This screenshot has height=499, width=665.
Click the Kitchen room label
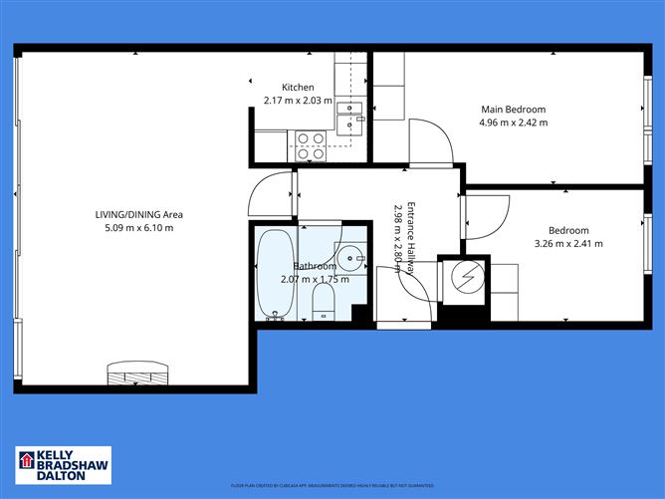click(x=297, y=87)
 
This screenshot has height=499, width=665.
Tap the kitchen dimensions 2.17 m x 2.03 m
click(x=297, y=101)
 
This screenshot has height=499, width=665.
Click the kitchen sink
click(x=348, y=116)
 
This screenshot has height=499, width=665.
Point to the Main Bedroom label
click(x=514, y=110)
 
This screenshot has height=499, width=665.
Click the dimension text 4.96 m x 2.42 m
click(x=514, y=124)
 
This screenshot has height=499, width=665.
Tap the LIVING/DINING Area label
click(x=138, y=214)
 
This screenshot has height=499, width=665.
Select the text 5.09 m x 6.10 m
click(x=138, y=228)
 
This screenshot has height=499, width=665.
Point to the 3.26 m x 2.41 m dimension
click(x=568, y=243)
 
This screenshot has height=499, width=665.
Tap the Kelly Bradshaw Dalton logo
click(x=61, y=466)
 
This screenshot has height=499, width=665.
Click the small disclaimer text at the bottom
click(x=332, y=486)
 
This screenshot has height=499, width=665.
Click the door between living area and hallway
click(x=272, y=194)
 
